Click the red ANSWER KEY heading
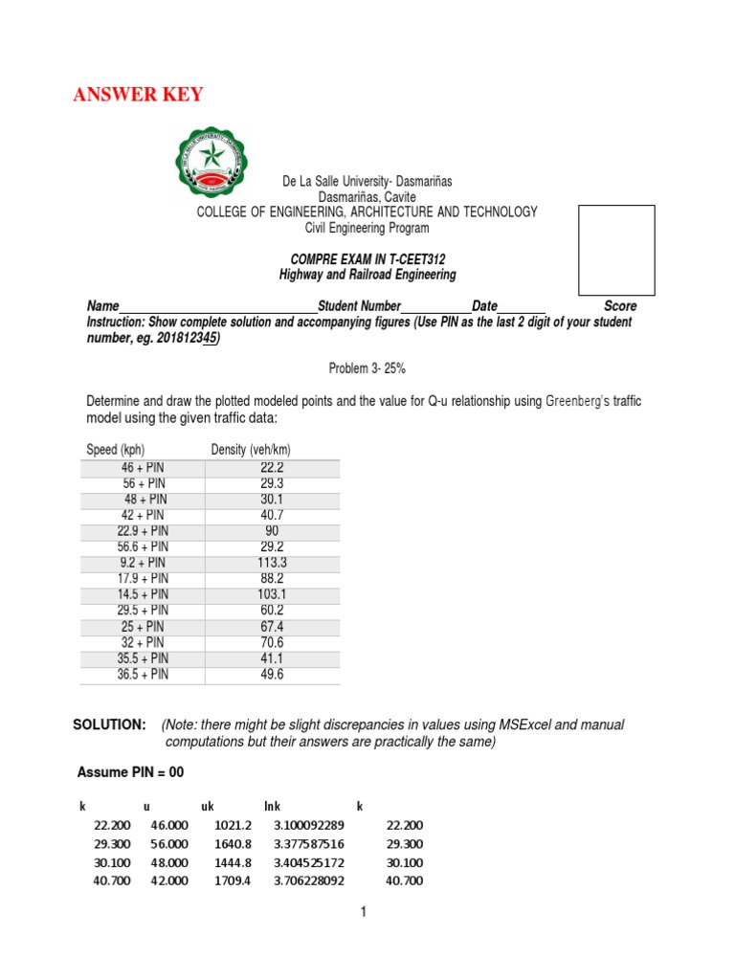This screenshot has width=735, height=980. pyautogui.click(x=138, y=95)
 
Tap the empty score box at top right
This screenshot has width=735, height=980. pyautogui.click(x=616, y=249)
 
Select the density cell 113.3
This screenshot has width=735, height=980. pyautogui.click(x=272, y=563)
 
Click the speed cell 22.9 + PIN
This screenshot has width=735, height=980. pyautogui.click(x=143, y=531)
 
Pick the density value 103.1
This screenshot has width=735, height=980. pyautogui.click(x=272, y=594)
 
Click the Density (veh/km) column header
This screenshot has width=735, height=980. pyautogui.click(x=251, y=450)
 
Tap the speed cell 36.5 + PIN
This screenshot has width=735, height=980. pyautogui.click(x=143, y=674)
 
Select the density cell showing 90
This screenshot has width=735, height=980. pyautogui.click(x=272, y=531)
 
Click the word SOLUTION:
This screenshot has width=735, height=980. pyautogui.click(x=109, y=724)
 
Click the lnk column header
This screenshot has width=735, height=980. pyautogui.click(x=272, y=807)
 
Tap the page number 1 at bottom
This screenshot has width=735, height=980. pyautogui.click(x=364, y=912)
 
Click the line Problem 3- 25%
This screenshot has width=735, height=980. pyautogui.click(x=367, y=367)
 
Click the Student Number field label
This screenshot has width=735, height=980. pyautogui.click(x=359, y=306)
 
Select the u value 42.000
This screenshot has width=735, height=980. pyautogui.click(x=168, y=880)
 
